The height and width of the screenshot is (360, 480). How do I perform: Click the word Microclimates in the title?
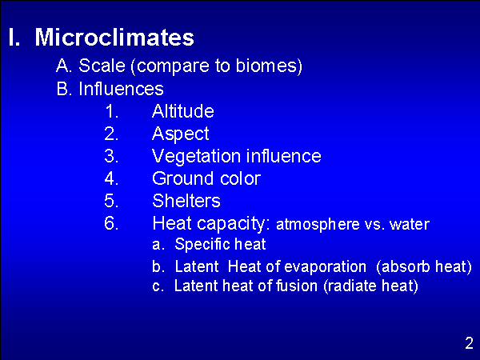pos(114,37)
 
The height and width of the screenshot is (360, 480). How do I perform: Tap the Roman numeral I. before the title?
pos(14,37)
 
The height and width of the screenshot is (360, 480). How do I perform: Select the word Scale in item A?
pos(102,66)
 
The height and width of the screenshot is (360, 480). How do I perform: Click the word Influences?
pos(122,89)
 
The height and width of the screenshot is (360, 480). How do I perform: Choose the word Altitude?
pos(183,111)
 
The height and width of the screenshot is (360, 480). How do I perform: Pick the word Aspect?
pos(181,134)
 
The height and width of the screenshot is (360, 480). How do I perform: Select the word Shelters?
pos(186,201)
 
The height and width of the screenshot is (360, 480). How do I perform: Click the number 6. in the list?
pos(111,223)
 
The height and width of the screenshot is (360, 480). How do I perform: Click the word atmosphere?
pos(318,224)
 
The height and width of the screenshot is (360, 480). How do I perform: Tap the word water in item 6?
pos(410,224)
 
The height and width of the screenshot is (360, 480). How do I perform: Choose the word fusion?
pos(297,286)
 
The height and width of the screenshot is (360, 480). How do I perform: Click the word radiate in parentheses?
pos(353,286)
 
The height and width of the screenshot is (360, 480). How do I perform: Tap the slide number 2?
pos(469,343)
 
